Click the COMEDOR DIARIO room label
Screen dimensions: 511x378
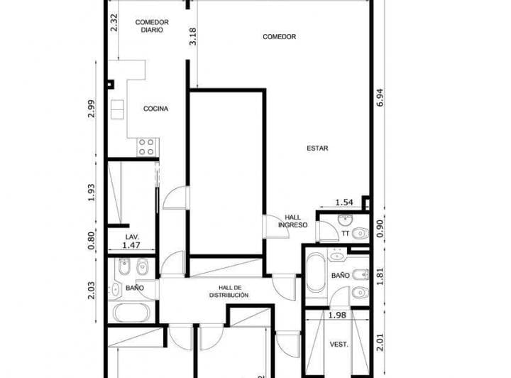click(152, 26)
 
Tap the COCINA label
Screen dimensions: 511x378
click(155, 109)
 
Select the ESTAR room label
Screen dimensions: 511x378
click(317, 148)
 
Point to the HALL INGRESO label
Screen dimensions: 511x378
click(292, 221)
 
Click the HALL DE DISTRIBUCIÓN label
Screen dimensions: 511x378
click(229, 291)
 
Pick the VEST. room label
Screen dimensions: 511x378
click(339, 345)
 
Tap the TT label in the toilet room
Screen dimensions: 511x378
click(346, 234)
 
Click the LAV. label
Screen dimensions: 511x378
click(132, 237)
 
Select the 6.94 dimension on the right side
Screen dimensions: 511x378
click(380, 98)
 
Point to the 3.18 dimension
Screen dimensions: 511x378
click(192, 36)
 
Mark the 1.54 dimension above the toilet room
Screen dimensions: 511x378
click(344, 202)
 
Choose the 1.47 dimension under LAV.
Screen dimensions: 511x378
click(131, 245)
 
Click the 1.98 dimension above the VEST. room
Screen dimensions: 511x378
click(337, 315)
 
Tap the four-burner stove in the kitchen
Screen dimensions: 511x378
click(146, 147)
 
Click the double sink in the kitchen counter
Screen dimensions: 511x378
click(117, 109)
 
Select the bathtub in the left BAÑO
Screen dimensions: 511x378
click(132, 312)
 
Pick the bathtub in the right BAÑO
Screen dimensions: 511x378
click(316, 272)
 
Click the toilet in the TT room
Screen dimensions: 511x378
click(361, 233)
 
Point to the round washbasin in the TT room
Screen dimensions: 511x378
click(344, 220)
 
